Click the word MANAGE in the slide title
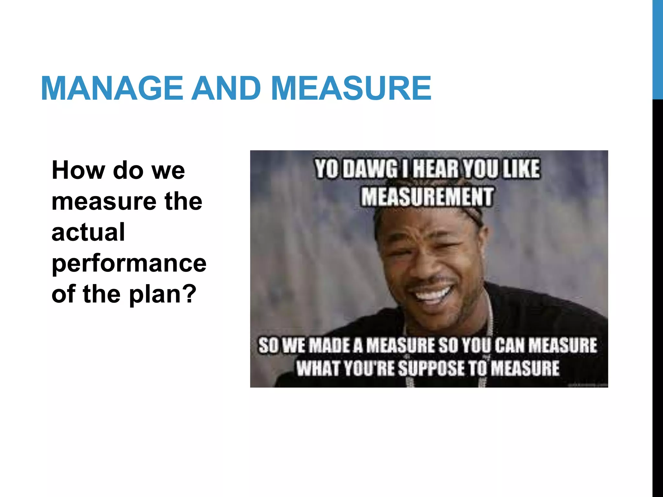(x=112, y=88)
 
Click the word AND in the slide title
(x=226, y=88)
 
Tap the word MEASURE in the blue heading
(x=351, y=88)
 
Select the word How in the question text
(x=79, y=170)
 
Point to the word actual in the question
(x=88, y=232)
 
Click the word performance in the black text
(x=129, y=263)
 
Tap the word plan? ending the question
(x=163, y=294)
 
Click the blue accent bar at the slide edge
(x=657, y=49)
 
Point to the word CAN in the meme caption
(x=511, y=345)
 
